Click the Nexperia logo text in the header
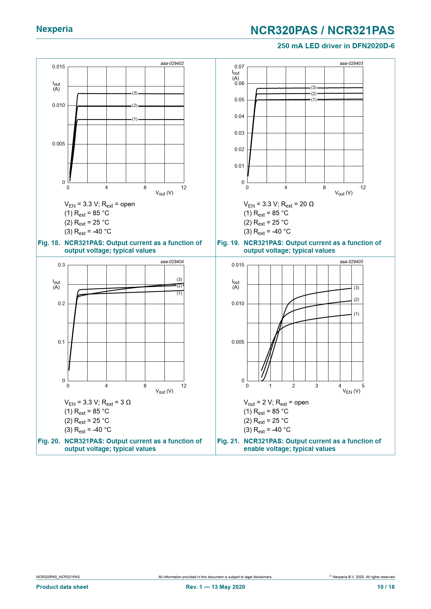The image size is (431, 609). [54, 29]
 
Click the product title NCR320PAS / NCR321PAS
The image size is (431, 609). [322, 31]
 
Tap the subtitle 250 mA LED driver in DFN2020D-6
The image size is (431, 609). [336, 46]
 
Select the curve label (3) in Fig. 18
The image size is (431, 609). [135, 93]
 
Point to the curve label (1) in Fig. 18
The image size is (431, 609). [135, 119]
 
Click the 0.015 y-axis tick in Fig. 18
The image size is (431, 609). [58, 67]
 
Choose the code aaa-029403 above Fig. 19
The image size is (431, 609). [351, 64]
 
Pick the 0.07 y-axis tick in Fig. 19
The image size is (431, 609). [239, 67]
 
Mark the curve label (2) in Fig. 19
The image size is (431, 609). [314, 94]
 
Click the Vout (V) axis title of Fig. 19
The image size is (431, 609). [343, 193]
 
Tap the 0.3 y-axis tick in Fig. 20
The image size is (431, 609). [62, 265]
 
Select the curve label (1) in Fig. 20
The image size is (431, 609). [179, 293]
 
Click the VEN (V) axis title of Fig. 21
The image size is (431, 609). [351, 391]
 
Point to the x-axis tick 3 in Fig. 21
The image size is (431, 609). [317, 386]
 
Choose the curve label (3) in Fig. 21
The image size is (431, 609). [357, 288]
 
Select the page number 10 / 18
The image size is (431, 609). [386, 587]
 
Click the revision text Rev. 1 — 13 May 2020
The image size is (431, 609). [215, 587]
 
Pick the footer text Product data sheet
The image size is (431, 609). [62, 587]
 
